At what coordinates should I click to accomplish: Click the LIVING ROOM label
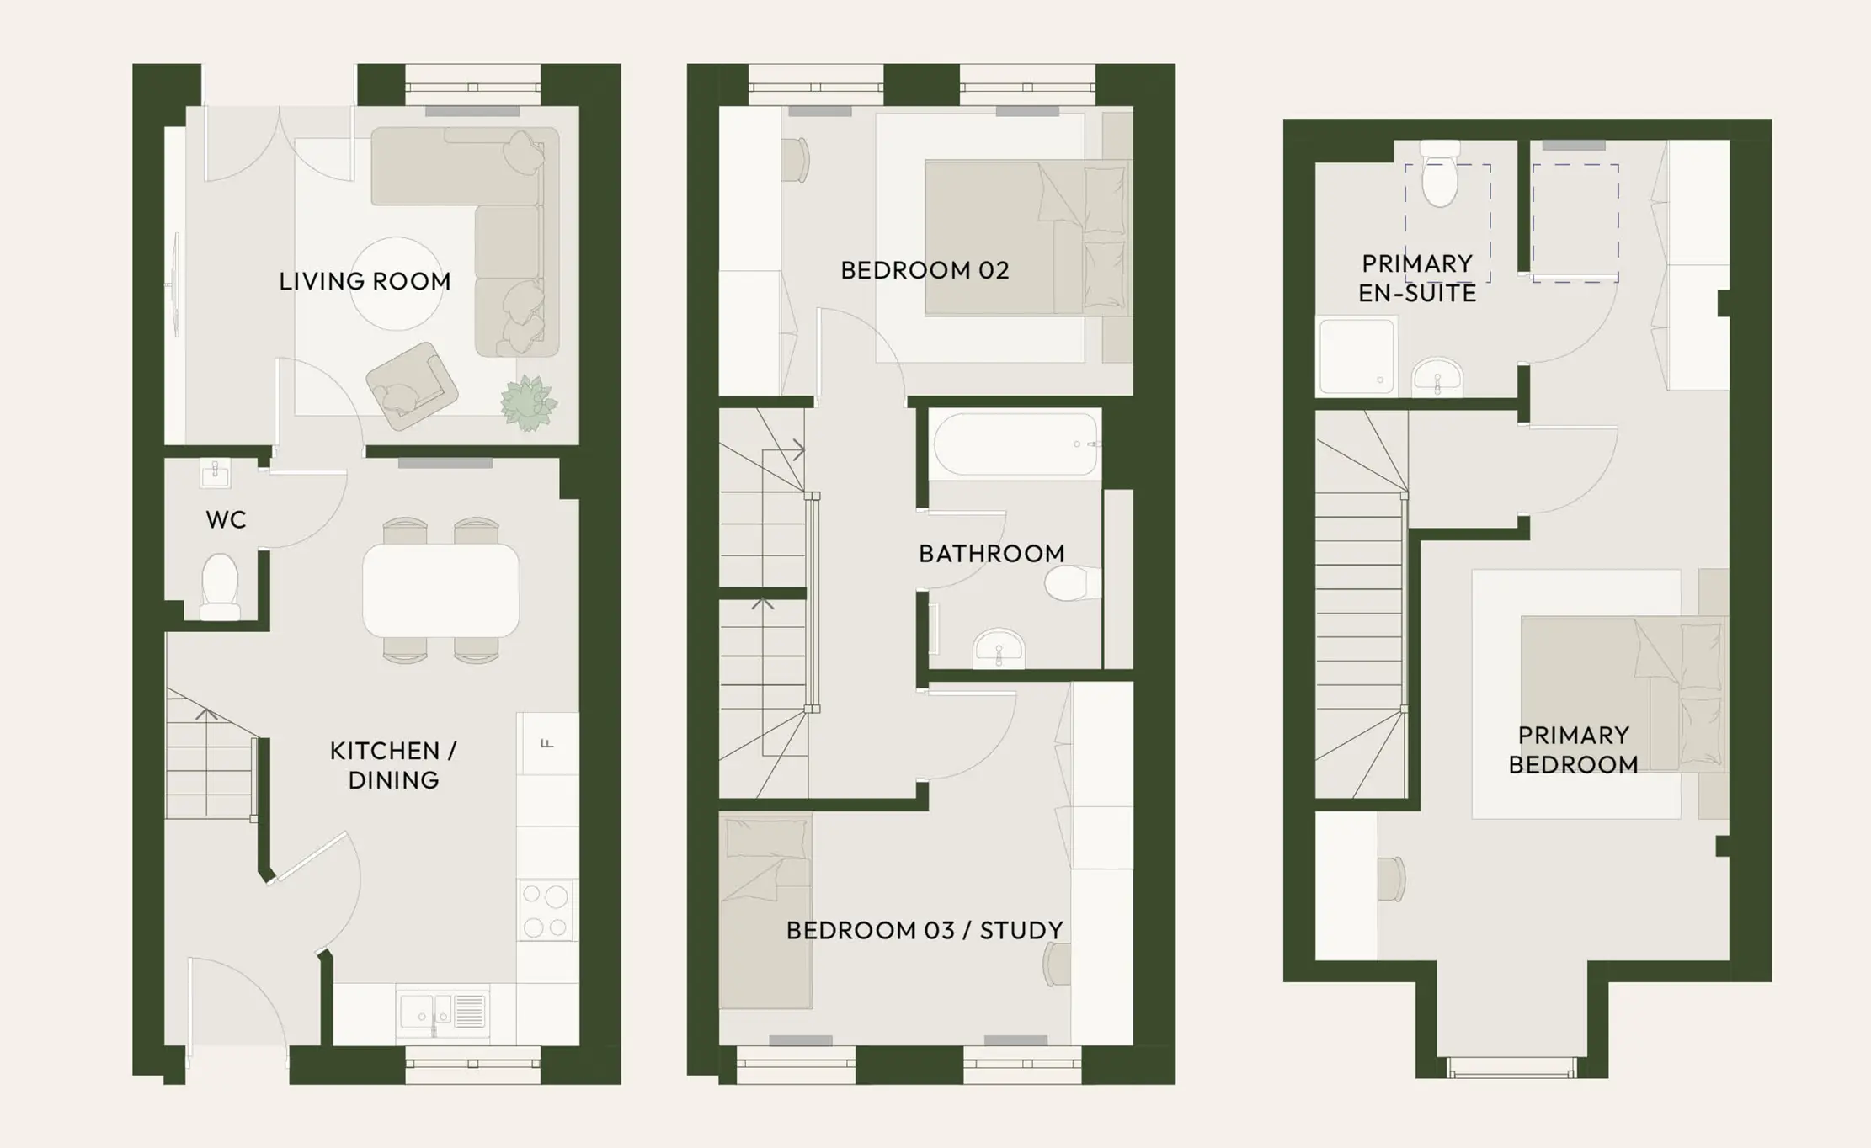pos(365,281)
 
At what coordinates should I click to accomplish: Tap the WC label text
pos(226,520)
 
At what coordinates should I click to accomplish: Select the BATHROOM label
pos(991,554)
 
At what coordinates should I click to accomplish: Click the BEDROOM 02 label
pos(925,270)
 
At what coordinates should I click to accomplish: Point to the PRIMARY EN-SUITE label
pos(1417,279)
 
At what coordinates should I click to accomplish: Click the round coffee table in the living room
pos(397,284)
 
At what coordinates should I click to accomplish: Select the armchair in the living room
pos(412,385)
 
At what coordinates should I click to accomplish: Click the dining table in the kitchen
pos(440,590)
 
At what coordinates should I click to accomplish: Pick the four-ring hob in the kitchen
pos(546,909)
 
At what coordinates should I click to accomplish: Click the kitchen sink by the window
pos(443,1011)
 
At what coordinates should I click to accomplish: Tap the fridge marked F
pos(547,743)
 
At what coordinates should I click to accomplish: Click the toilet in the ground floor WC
pos(220,586)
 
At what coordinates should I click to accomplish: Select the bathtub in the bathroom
pos(1015,444)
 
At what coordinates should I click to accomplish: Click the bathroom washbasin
pos(999,648)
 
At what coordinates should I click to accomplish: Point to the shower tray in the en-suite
pos(1356,356)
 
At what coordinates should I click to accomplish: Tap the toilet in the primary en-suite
pos(1440,173)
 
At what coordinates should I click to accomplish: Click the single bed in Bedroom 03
pos(765,911)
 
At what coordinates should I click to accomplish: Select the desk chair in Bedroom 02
pos(795,160)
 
